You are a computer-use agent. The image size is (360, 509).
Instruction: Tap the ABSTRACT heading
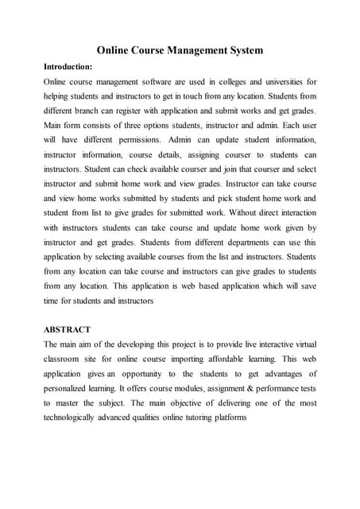click(67, 329)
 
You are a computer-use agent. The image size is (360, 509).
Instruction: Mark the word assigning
click(203, 154)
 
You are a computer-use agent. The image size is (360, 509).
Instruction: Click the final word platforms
click(226, 417)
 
